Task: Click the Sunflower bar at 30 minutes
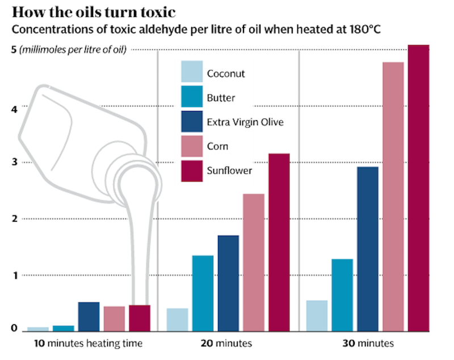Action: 419,187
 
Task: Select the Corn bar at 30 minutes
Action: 393,196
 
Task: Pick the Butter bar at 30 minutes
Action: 342,294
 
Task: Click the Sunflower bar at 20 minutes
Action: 279,242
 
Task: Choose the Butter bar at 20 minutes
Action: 203,293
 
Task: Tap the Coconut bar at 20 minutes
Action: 177,319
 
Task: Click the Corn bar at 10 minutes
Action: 114,318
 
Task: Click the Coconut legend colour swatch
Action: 191,73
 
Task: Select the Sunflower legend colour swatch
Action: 191,171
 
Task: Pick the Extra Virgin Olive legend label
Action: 245,122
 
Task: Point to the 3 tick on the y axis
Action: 14,163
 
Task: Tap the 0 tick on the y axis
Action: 14,328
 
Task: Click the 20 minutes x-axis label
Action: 226,344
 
